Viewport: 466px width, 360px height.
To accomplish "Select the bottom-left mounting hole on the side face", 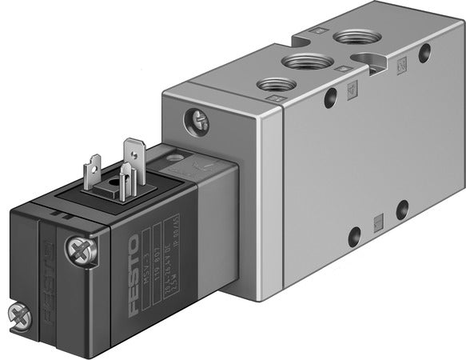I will (353, 236).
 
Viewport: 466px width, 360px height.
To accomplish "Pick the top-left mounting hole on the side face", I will (329, 102).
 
